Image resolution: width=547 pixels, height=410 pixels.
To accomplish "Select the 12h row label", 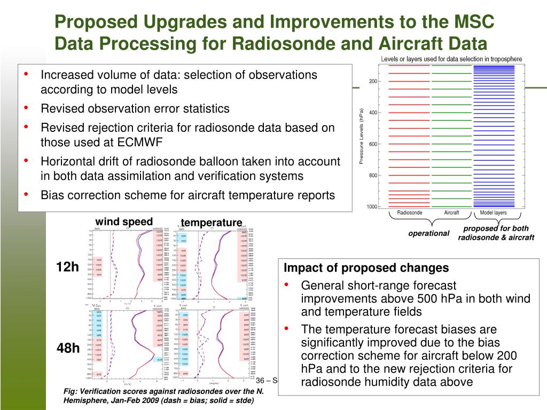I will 68,267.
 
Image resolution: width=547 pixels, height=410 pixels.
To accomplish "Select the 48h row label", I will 68,349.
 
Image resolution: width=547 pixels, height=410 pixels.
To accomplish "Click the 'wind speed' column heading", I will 124,222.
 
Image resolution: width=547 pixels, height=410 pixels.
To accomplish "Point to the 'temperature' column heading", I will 211,222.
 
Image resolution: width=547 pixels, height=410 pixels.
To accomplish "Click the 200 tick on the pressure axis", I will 372,81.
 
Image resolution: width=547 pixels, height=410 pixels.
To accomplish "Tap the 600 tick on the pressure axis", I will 372,144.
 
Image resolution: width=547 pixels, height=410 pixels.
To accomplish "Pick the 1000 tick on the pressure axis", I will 371,207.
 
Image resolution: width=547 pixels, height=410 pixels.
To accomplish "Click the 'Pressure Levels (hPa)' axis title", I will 362,136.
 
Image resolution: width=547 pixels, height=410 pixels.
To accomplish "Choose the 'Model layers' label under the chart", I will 493,212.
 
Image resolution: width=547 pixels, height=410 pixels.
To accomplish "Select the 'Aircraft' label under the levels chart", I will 451,212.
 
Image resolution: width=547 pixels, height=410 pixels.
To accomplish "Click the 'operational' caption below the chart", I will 429,233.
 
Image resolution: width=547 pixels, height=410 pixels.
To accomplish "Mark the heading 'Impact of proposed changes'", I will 366,268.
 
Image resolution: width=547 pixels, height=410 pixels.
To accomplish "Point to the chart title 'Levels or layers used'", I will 451,59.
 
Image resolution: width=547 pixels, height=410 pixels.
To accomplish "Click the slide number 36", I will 261,380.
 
